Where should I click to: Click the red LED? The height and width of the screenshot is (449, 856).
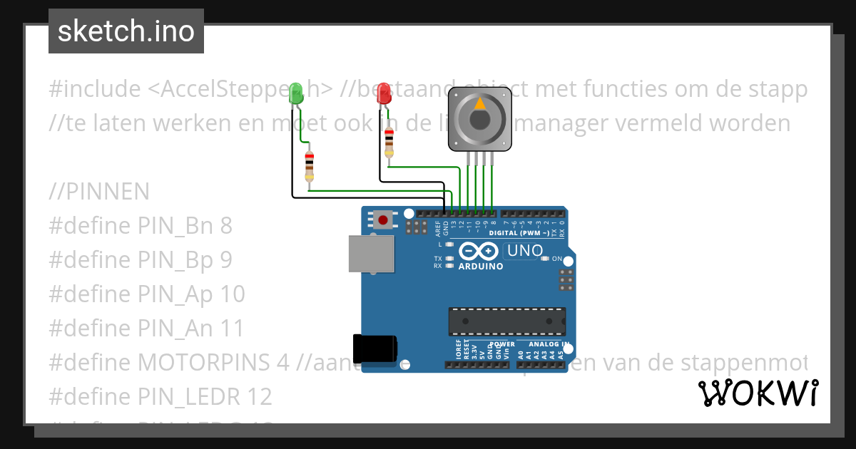pos(384,93)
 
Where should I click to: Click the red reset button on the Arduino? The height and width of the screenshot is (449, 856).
pos(384,220)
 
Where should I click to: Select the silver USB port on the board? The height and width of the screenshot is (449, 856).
pos(371,253)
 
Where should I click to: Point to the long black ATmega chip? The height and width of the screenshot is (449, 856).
pos(507,321)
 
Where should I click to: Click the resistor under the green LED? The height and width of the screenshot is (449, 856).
pos(309,166)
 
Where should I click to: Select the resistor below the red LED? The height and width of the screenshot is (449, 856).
pos(389,143)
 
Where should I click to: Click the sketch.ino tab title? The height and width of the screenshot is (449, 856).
pos(126,31)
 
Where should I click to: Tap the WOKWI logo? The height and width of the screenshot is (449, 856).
pos(758,393)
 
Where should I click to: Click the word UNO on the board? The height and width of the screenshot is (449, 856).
pos(525,251)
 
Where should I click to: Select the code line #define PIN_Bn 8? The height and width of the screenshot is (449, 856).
pos(141,226)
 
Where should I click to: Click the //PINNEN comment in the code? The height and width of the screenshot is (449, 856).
pos(99,192)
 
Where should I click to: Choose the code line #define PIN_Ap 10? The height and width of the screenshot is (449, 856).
pos(147,294)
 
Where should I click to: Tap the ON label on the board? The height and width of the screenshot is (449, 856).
pos(557,259)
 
